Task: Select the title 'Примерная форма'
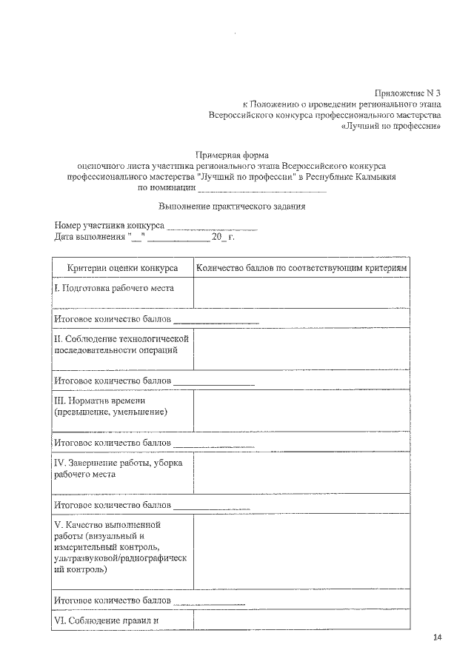(x=232, y=155)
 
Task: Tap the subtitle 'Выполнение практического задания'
(x=233, y=206)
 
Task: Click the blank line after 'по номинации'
(x=248, y=190)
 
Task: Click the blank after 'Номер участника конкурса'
(x=212, y=226)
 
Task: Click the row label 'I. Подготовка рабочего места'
(x=114, y=288)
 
